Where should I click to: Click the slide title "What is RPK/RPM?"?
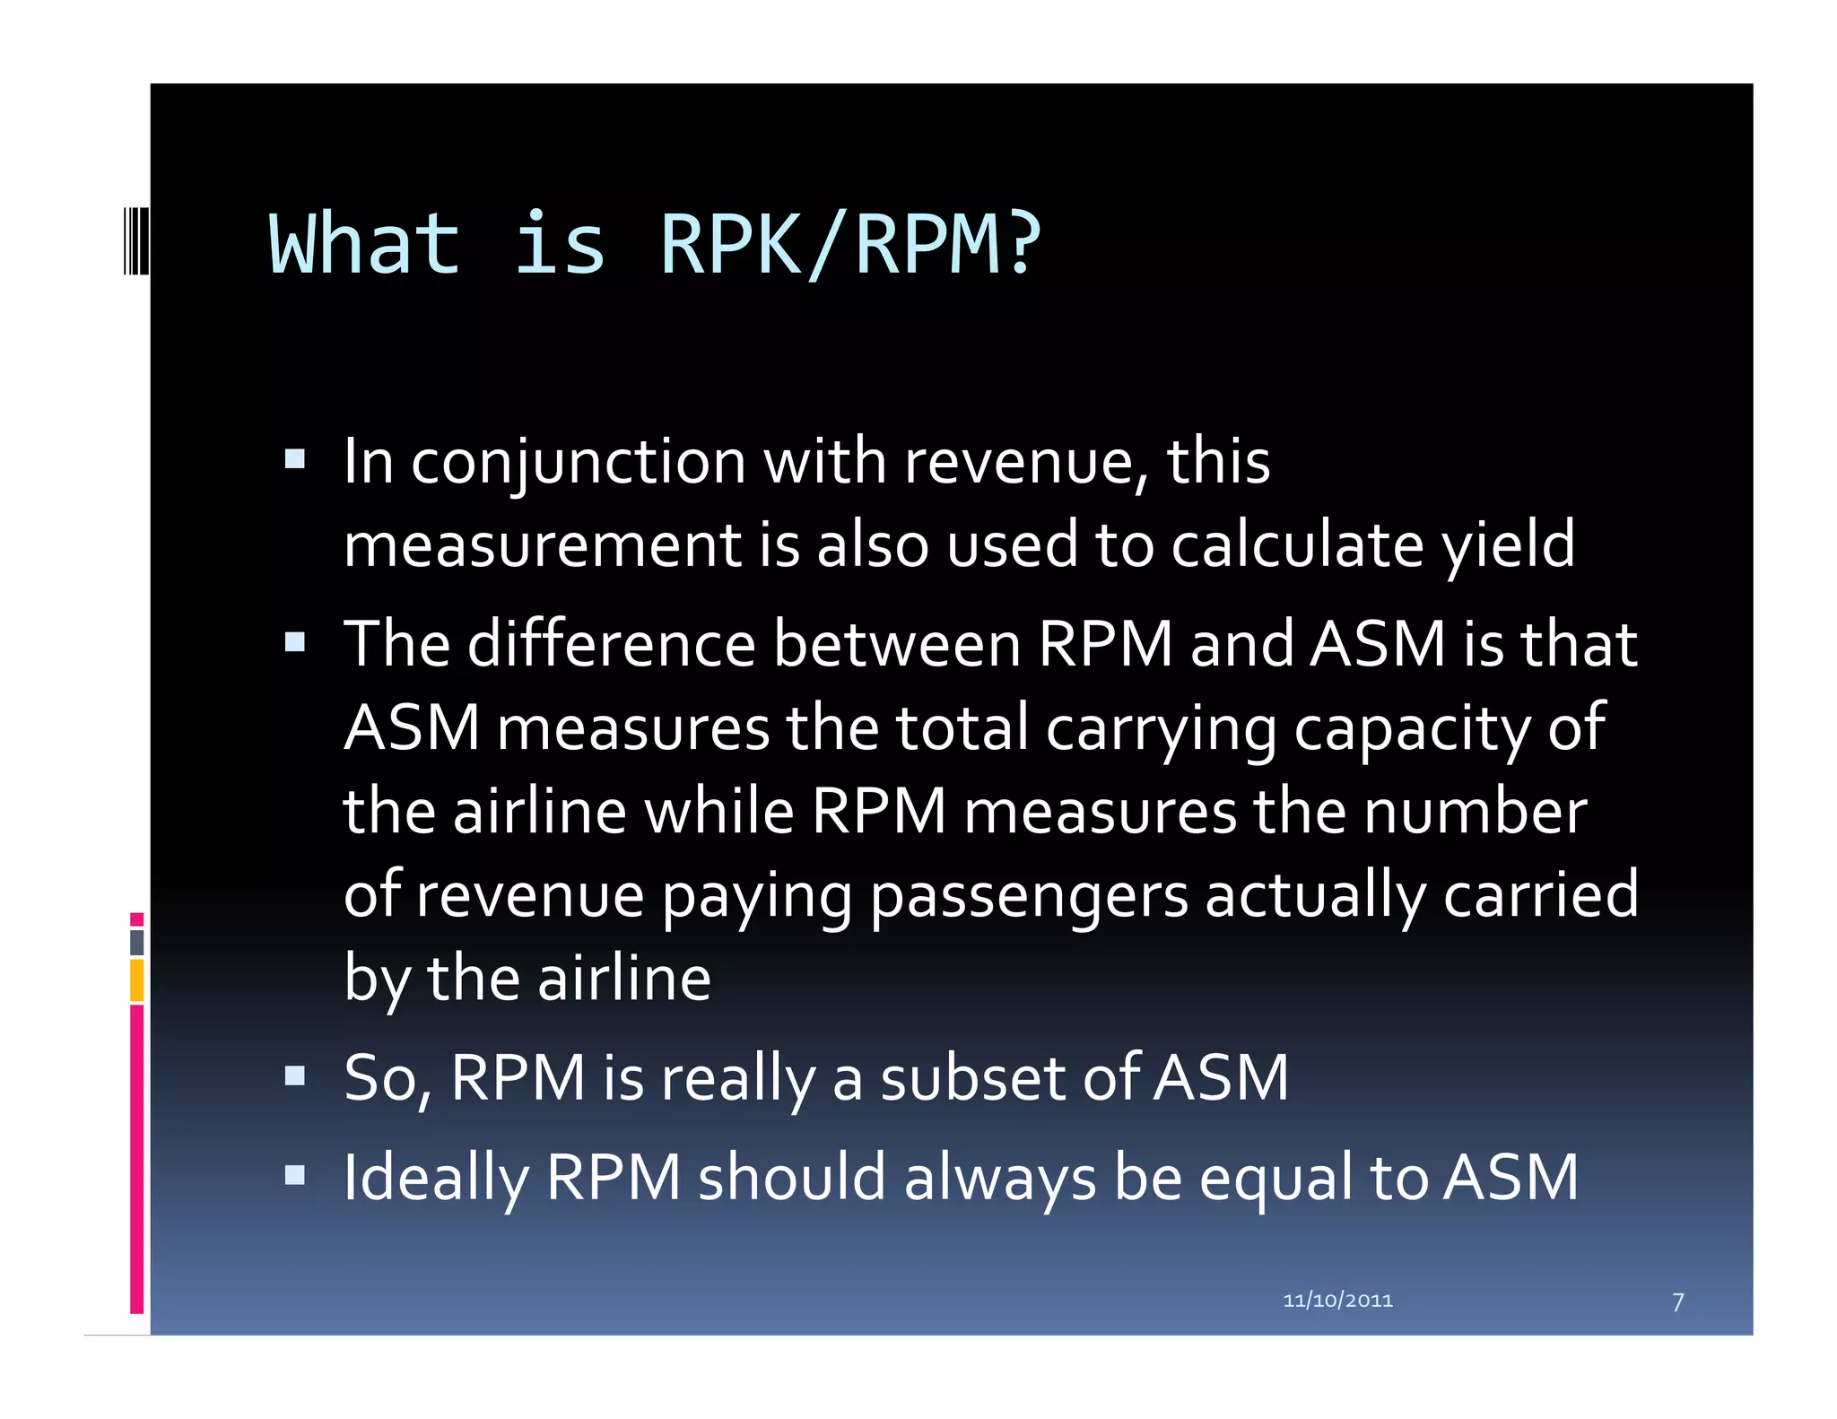coord(655,244)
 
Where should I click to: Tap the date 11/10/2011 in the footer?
coord(1337,1300)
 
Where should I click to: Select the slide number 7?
coord(1677,1301)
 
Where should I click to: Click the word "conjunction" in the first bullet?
coord(579,463)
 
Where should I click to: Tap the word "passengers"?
coord(1029,895)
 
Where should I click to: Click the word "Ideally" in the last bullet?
coord(436,1179)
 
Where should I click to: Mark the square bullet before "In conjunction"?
coord(295,460)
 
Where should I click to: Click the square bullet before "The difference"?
coord(295,642)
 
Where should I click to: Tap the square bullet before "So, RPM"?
coord(295,1075)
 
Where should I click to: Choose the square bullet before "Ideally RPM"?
coord(295,1175)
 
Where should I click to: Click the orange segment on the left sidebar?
coord(136,979)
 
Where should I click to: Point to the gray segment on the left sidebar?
coord(136,942)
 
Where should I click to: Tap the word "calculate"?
coord(1297,545)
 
